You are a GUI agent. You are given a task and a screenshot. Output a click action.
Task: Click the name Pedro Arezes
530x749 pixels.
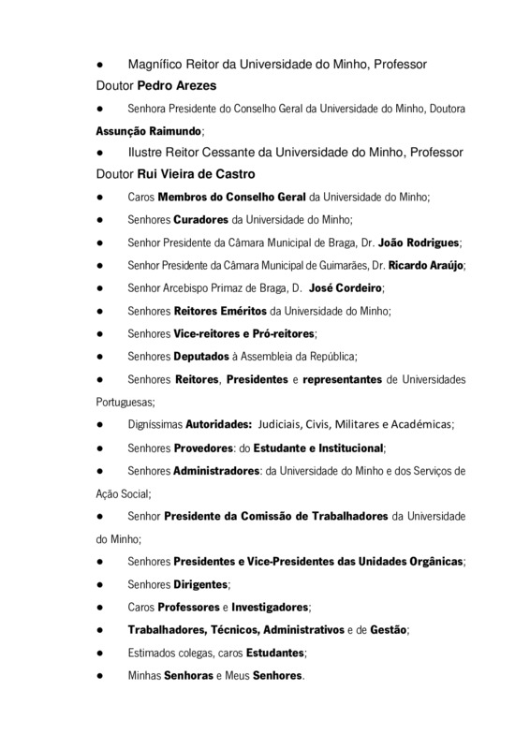(x=178, y=85)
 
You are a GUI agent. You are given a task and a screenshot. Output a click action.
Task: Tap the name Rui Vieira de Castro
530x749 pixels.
(x=195, y=175)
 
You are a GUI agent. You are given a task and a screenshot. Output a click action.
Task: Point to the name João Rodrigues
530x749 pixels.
(x=417, y=242)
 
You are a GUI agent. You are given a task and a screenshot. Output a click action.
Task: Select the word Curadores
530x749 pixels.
(x=201, y=220)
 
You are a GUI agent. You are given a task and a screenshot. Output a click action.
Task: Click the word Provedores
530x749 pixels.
(x=207, y=447)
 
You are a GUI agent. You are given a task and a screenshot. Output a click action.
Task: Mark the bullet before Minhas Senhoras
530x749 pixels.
(x=99, y=674)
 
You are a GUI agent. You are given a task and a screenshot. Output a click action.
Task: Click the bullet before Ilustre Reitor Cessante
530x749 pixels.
(x=99, y=154)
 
